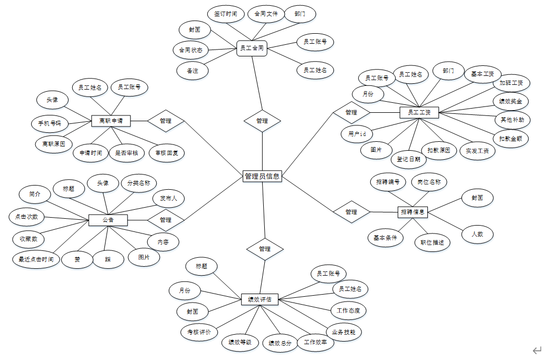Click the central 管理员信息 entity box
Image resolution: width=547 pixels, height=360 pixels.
click(x=262, y=177)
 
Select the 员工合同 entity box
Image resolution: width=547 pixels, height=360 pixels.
click(x=252, y=48)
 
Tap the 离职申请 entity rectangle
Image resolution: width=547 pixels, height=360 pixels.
click(x=111, y=121)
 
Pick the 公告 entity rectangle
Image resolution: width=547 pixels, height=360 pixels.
click(x=108, y=219)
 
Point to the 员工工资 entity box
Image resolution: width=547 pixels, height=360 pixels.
click(x=419, y=112)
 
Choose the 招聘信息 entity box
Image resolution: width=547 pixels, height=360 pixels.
click(x=412, y=212)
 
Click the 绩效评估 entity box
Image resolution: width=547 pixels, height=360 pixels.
click(x=260, y=299)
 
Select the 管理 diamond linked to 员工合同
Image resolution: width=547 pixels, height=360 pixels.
click(x=262, y=121)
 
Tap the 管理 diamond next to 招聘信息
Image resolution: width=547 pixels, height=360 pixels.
click(x=351, y=212)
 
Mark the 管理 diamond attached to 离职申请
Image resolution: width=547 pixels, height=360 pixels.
click(x=166, y=121)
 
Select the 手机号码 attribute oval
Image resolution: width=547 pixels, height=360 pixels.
click(x=50, y=124)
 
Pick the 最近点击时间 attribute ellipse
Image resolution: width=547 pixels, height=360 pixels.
click(x=36, y=259)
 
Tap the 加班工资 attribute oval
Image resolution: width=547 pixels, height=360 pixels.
click(x=512, y=83)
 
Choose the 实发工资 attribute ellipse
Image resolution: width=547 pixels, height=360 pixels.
click(x=477, y=151)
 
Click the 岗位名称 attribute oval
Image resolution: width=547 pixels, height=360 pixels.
click(x=429, y=182)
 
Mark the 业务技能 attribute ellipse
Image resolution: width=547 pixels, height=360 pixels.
click(x=343, y=332)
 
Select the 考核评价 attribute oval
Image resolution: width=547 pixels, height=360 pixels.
click(x=199, y=332)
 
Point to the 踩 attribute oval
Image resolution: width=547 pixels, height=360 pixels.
click(x=108, y=259)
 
